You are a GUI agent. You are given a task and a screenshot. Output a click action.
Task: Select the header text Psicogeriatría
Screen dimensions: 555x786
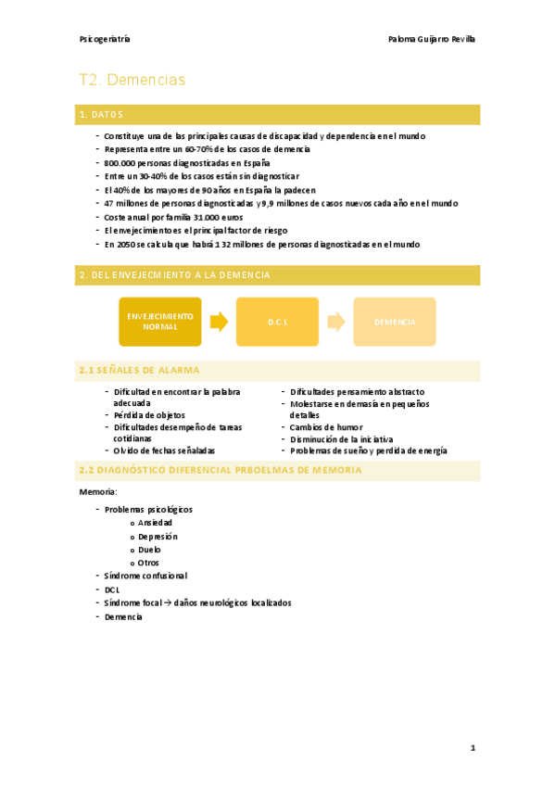click(105, 39)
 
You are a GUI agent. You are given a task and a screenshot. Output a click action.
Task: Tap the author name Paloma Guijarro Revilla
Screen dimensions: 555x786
click(434, 39)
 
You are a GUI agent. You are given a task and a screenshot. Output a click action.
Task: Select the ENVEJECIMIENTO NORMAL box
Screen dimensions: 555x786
click(159, 322)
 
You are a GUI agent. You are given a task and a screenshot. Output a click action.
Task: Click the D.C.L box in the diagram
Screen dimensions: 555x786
click(277, 322)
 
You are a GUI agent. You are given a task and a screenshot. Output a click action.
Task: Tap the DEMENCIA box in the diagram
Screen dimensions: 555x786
click(395, 322)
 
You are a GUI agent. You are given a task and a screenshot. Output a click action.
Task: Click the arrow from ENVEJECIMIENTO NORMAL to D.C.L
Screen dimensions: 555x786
click(219, 322)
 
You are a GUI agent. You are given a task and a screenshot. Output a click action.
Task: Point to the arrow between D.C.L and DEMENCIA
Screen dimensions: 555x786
click(336, 322)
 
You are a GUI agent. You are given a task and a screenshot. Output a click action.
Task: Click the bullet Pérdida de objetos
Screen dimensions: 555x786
click(149, 415)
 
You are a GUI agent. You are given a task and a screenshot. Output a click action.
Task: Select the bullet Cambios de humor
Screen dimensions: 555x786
click(326, 427)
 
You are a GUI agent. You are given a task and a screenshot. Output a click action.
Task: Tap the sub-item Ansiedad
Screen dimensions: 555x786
click(155, 523)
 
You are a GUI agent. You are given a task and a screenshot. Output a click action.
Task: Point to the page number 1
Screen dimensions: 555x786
click(472, 747)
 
